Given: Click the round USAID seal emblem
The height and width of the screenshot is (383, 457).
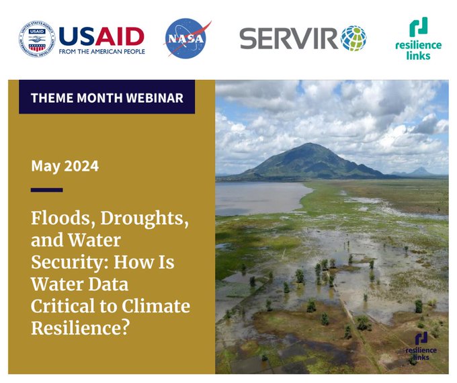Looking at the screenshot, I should click(37, 38).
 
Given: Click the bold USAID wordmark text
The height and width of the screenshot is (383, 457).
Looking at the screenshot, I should click(101, 34).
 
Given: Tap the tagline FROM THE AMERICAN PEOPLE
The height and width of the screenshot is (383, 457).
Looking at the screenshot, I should click(101, 50).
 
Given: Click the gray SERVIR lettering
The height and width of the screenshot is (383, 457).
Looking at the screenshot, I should click(288, 38).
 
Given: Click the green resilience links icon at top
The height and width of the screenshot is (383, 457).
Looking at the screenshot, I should click(419, 28).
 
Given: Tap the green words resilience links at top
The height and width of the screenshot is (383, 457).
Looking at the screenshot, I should click(418, 50).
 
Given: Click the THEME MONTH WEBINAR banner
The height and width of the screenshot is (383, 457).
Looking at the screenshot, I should click(107, 97).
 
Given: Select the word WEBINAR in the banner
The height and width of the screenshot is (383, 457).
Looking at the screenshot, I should click(156, 97).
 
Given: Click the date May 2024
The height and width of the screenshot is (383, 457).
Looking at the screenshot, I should click(65, 166).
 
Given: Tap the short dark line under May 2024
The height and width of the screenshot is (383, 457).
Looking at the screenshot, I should click(46, 190).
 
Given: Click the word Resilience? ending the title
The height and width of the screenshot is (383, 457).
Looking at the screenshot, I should click(74, 327).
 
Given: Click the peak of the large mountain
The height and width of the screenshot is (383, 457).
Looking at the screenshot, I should click(308, 145).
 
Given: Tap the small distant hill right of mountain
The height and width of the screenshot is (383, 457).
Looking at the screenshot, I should click(421, 171).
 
